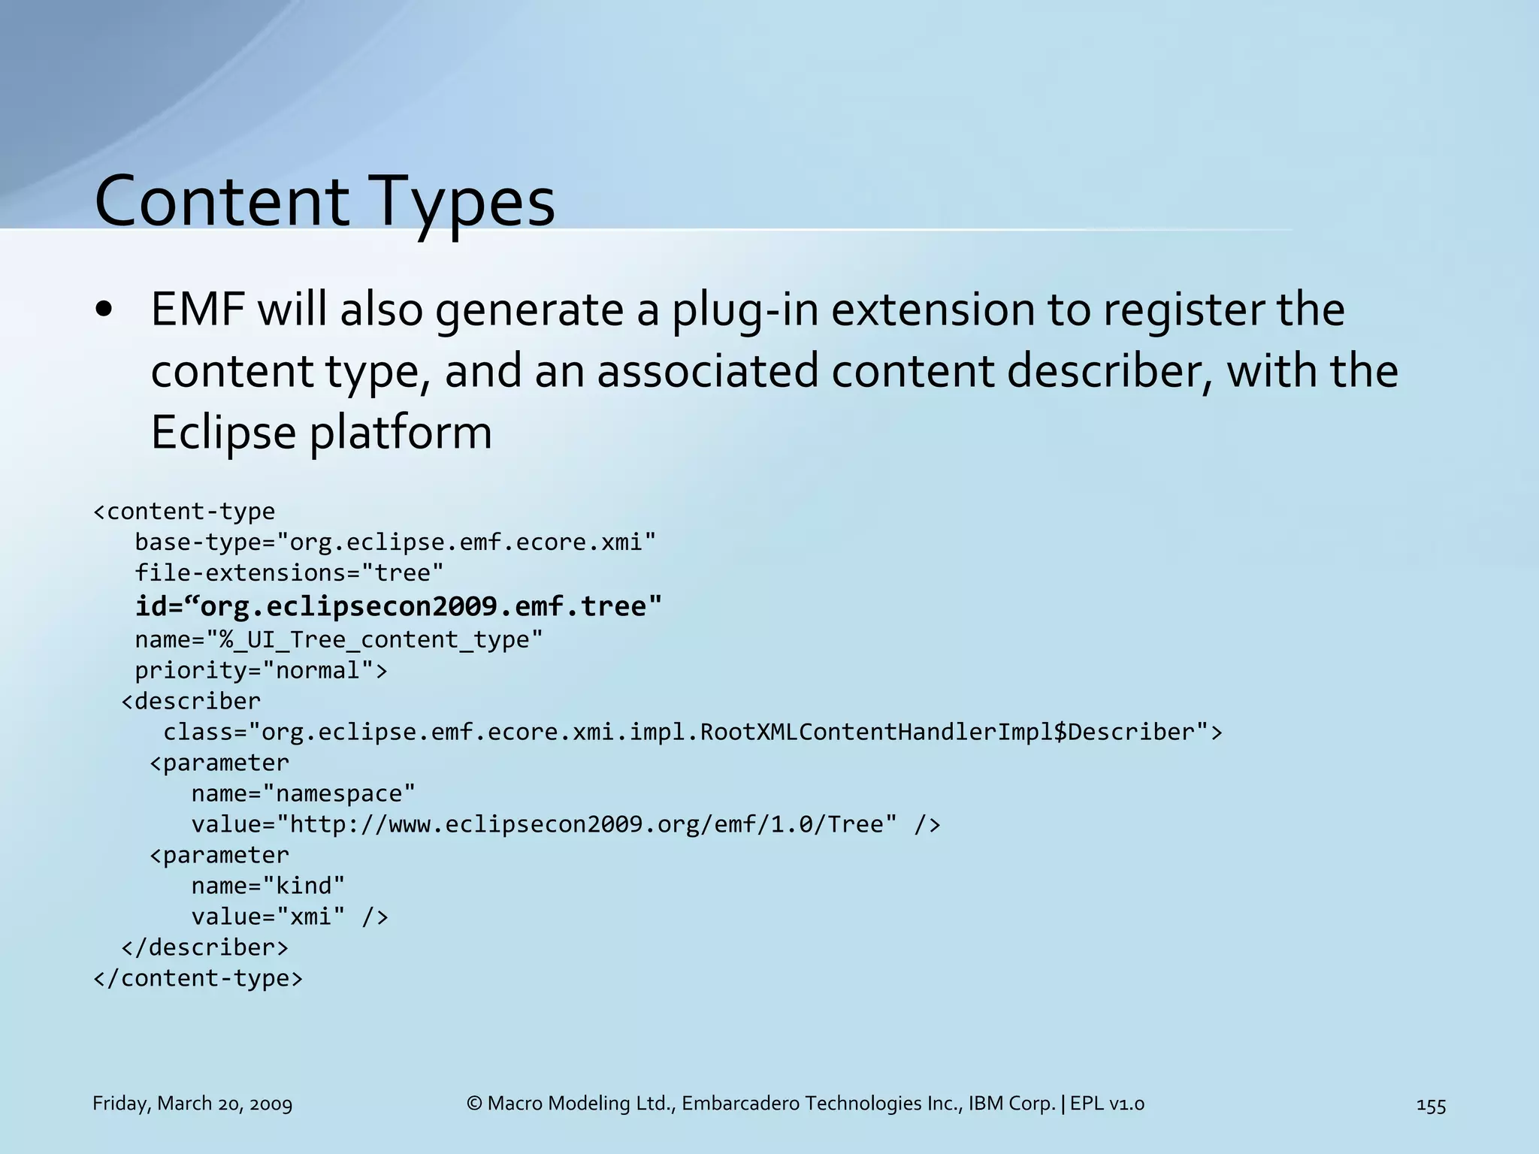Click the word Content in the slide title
click(x=222, y=201)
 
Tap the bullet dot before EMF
click(x=104, y=310)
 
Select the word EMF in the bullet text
click(x=198, y=310)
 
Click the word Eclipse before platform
click(x=223, y=433)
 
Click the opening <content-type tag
click(x=184, y=512)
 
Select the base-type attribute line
click(x=395, y=542)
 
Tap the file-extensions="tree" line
click(x=289, y=572)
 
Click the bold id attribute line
click(x=398, y=606)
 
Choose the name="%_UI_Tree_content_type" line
click(x=338, y=639)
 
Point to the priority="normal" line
click(x=261, y=670)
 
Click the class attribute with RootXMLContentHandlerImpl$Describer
click(x=692, y=732)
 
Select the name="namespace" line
click(x=303, y=793)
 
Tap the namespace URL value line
click(x=565, y=824)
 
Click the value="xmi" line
click(x=289, y=917)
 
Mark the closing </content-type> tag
click(x=198, y=978)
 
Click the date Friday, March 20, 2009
click(x=192, y=1104)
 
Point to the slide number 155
click(x=1431, y=1105)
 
